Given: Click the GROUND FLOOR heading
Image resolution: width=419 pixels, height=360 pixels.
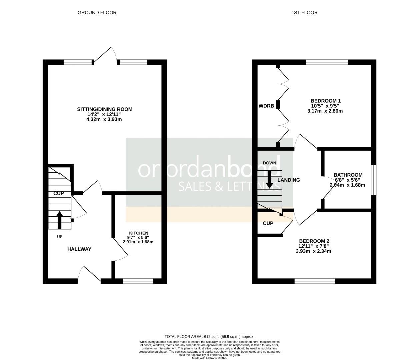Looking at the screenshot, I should pyautogui.click(x=97, y=13).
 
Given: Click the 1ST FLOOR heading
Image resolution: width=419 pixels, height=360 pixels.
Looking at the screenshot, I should pyautogui.click(x=304, y=13).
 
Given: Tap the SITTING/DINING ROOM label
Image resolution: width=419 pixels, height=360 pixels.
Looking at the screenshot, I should pyautogui.click(x=105, y=109).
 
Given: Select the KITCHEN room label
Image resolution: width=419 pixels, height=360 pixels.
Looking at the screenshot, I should pyautogui.click(x=139, y=233).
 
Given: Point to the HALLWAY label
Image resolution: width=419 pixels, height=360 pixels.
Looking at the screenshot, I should pyautogui.click(x=79, y=249).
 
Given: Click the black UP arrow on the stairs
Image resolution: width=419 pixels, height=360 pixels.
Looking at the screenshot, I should pyautogui.click(x=60, y=220).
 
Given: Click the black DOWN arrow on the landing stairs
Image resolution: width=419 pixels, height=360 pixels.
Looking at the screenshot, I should pyautogui.click(x=270, y=180).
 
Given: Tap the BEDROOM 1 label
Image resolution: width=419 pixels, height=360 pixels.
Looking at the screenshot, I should pyautogui.click(x=325, y=101).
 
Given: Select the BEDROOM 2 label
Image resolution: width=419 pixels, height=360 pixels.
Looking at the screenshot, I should pyautogui.click(x=314, y=241).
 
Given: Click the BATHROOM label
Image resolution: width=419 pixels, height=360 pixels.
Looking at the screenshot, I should pyautogui.click(x=348, y=175).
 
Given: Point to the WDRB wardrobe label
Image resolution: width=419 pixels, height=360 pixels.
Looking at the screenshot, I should pyautogui.click(x=266, y=106).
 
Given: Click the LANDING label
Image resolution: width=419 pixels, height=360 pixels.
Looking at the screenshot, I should pyautogui.click(x=289, y=180).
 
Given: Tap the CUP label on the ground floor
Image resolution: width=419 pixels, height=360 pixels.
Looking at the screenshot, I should pyautogui.click(x=59, y=193).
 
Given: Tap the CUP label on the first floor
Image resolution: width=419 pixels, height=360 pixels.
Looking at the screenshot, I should pyautogui.click(x=268, y=223).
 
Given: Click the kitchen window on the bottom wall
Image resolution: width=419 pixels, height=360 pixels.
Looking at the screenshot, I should pyautogui.click(x=138, y=281).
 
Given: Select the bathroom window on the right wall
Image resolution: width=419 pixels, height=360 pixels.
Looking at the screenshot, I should pyautogui.click(x=374, y=180).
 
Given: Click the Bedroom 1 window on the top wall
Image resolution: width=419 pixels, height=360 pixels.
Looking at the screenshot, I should pyautogui.click(x=327, y=62).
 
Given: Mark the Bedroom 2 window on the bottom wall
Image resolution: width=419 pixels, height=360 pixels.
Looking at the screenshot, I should pyautogui.click(x=315, y=281).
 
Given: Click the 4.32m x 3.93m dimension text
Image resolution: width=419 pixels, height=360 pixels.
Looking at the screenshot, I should pyautogui.click(x=104, y=119).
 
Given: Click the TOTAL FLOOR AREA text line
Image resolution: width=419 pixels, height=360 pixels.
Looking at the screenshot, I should pyautogui.click(x=209, y=337).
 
